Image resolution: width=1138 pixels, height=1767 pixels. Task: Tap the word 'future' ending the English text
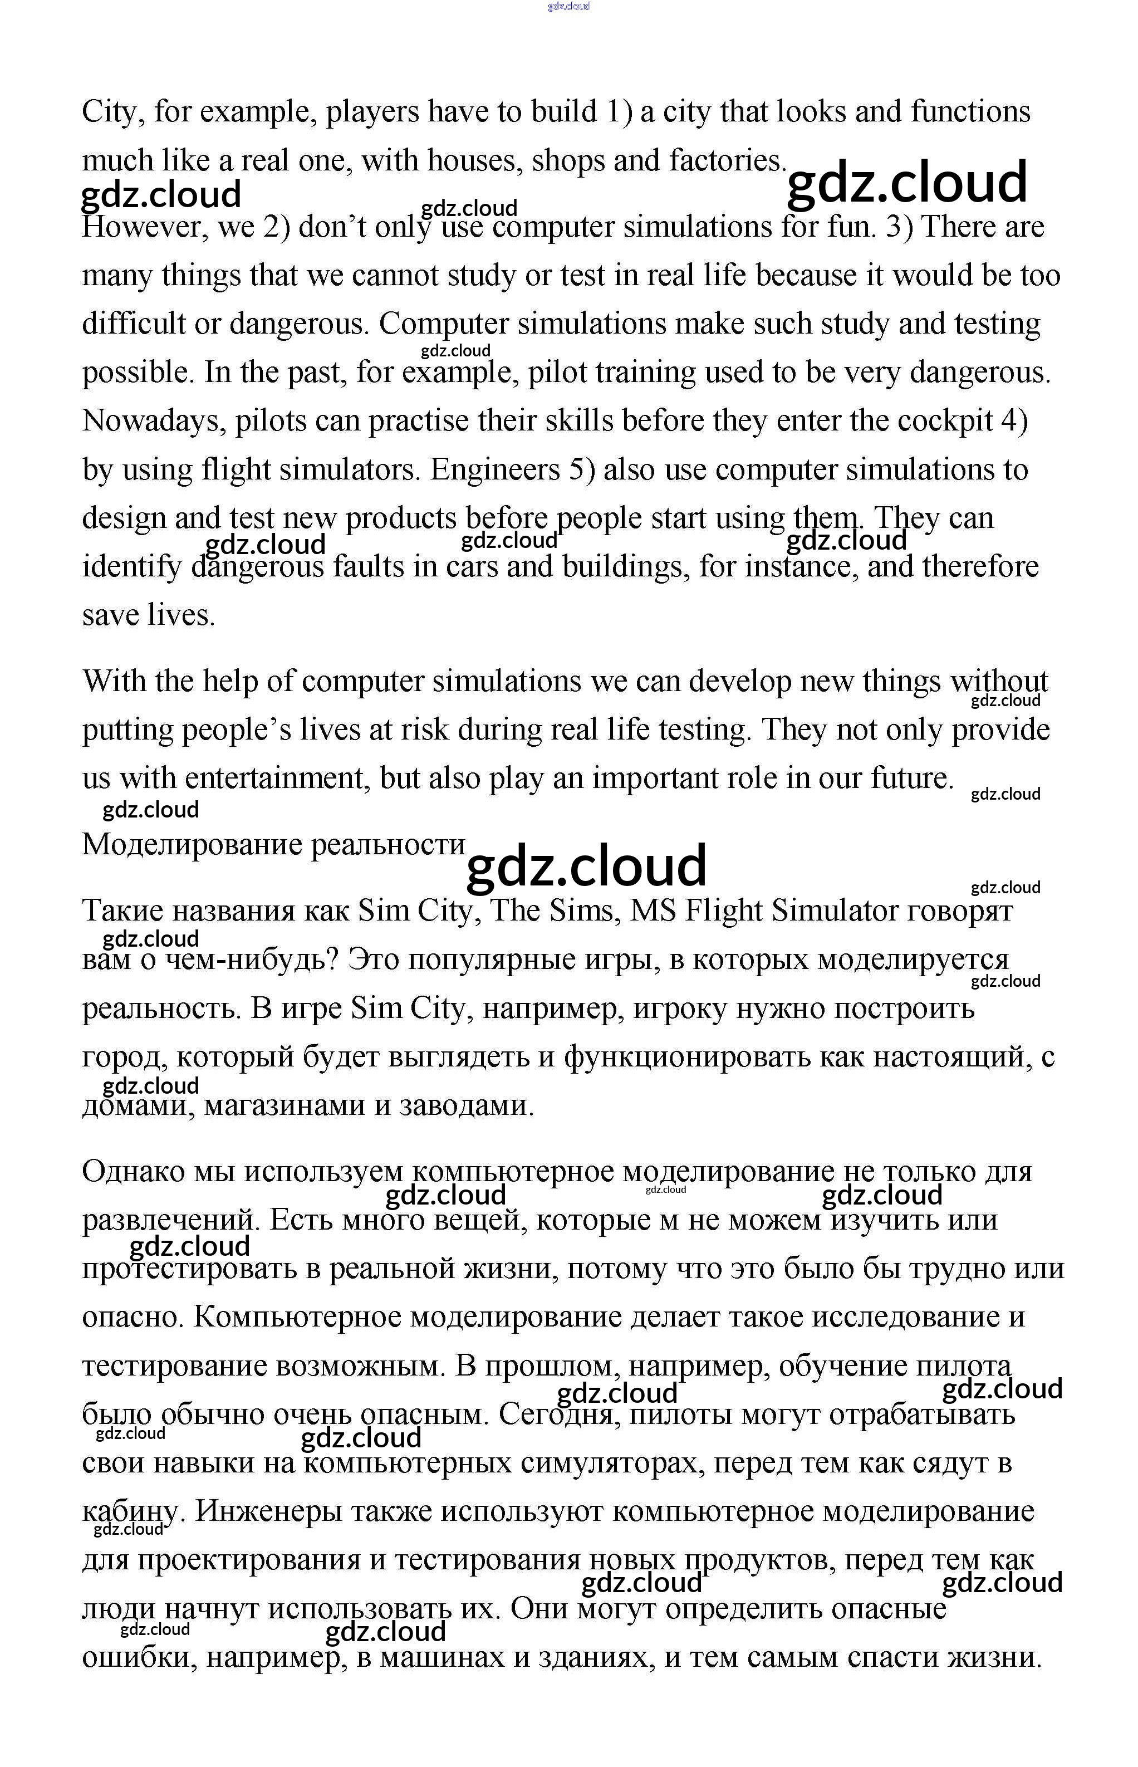coord(912,778)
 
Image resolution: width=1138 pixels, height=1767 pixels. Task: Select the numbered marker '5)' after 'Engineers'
coord(582,469)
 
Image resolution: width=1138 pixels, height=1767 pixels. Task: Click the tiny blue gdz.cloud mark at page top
coord(569,7)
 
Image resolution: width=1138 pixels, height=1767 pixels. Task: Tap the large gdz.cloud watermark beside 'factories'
coord(907,183)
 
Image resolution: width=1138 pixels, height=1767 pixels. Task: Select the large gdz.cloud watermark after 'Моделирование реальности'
coord(586,866)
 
